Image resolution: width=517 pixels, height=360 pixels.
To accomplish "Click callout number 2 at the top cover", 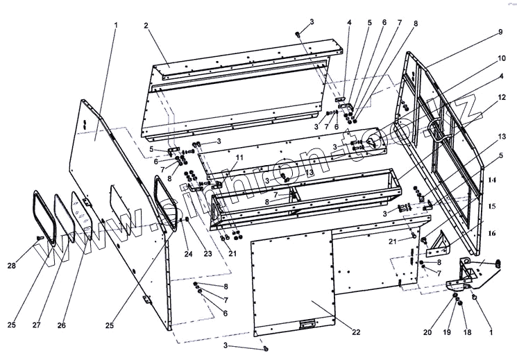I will [x=146, y=26].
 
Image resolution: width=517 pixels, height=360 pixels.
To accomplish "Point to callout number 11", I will [x=239, y=158].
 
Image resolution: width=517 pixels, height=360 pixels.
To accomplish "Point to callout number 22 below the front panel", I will [x=355, y=332].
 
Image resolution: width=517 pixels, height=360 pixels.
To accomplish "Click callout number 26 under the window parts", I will [x=62, y=325].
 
